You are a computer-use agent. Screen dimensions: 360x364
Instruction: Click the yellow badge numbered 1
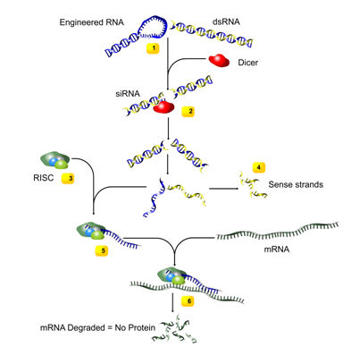click(x=153, y=48)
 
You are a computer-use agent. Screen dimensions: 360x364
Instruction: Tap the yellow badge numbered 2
click(x=188, y=111)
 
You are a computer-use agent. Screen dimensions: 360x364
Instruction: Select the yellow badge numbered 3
click(x=68, y=179)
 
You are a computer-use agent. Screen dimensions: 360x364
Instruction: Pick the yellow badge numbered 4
click(x=258, y=167)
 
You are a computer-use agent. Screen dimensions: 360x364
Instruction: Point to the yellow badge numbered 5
click(x=102, y=250)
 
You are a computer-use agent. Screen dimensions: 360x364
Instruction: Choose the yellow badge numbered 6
click(x=188, y=301)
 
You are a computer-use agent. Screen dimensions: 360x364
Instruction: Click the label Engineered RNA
click(x=92, y=22)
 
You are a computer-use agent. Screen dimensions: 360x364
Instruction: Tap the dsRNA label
click(x=226, y=21)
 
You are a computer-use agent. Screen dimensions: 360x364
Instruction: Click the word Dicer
click(x=248, y=63)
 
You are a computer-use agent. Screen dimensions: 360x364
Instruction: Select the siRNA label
click(x=128, y=94)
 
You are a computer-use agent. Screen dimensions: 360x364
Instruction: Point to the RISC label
click(x=44, y=178)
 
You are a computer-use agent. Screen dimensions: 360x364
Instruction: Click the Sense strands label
click(x=296, y=184)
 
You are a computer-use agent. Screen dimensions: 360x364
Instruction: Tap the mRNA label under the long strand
click(x=277, y=249)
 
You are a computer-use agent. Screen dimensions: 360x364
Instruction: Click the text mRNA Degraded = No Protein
click(x=97, y=328)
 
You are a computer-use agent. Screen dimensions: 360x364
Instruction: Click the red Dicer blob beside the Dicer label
click(x=219, y=61)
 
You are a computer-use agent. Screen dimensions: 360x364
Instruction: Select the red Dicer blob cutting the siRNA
click(x=163, y=107)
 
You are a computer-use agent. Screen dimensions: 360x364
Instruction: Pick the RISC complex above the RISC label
click(x=54, y=161)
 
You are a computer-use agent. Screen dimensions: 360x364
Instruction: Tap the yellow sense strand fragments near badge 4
click(x=253, y=185)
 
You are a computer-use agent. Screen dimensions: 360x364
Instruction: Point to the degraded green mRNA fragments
click(x=174, y=328)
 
